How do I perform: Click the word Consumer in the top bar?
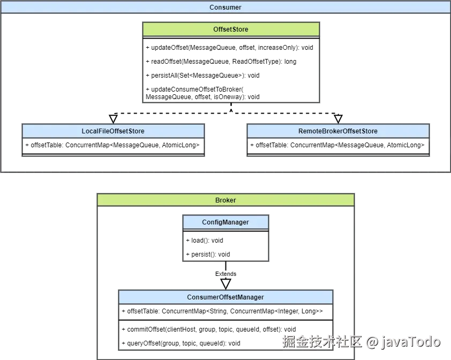coord(225,7)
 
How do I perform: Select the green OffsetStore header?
coord(231,29)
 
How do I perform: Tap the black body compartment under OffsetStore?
coord(231,67)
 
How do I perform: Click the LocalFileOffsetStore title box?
coord(113,131)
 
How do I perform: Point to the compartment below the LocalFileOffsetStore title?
coord(113,147)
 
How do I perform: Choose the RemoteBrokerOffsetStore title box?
coord(338,131)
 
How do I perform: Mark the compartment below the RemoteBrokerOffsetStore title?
coord(338,147)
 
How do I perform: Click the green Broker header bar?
coord(225,200)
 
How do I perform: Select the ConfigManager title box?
coord(225,222)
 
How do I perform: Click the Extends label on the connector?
coord(225,274)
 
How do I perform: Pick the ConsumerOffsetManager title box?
coord(225,297)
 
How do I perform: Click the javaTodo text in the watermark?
coord(410,341)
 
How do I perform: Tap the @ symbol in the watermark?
coord(372,341)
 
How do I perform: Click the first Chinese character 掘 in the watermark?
coord(287,341)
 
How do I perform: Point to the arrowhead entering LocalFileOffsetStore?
coord(113,122)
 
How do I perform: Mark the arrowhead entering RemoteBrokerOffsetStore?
coord(338,122)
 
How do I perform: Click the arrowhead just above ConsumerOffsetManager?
coord(225,287)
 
